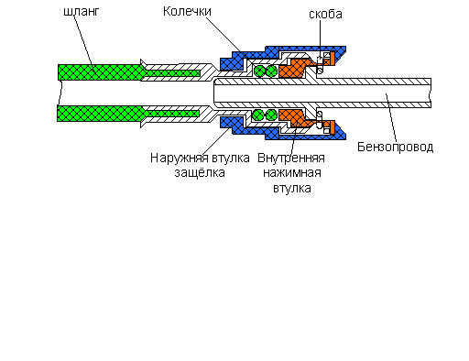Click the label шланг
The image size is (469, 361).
(x=82, y=12)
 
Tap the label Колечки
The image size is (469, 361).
(x=187, y=11)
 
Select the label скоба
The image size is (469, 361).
(x=325, y=14)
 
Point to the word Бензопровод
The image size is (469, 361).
(x=396, y=148)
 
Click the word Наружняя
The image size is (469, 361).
(x=176, y=159)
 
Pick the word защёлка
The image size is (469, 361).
(x=200, y=173)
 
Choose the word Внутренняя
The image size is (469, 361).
(x=291, y=159)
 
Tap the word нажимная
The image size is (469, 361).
(x=292, y=173)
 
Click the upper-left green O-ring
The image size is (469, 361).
(x=259, y=71)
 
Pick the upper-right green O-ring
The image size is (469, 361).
(x=271, y=71)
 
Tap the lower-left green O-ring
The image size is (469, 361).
(x=258, y=115)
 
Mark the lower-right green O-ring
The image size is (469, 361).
(x=271, y=115)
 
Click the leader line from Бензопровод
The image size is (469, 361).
(x=391, y=117)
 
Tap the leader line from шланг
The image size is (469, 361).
(x=83, y=41)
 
